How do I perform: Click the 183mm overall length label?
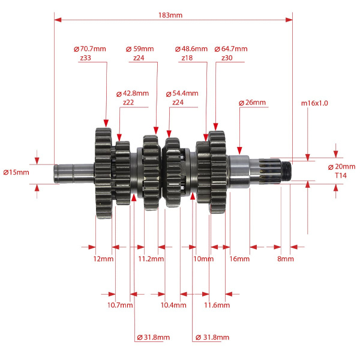pyautogui.click(x=170, y=15)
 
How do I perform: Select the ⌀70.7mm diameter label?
pyautogui.click(x=90, y=49)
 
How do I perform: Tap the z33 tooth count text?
pyautogui.click(x=86, y=58)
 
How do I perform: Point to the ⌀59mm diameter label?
pyautogui.click(x=140, y=49)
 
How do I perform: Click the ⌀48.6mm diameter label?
pyautogui.click(x=191, y=49)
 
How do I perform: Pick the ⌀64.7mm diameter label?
pyautogui.click(x=231, y=49)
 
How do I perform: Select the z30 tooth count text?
pyautogui.click(x=227, y=58)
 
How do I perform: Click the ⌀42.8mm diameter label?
pyautogui.click(x=133, y=94)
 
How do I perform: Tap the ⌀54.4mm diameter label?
pyautogui.click(x=182, y=94)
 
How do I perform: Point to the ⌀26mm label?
pyautogui.click(x=252, y=103)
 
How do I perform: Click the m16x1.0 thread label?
pyautogui.click(x=314, y=103)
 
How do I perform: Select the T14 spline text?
pyautogui.click(x=341, y=176)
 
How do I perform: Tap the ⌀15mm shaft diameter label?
pyautogui.click(x=16, y=172)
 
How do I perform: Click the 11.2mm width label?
pyautogui.click(x=151, y=259)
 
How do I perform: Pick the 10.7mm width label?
pyautogui.click(x=120, y=305)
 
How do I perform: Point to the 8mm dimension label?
pyautogui.click(x=286, y=259)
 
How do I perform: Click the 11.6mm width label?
pyautogui.click(x=217, y=305)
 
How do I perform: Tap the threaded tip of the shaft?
pyautogui.click(x=286, y=171)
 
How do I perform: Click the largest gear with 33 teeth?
pyautogui.click(x=103, y=173)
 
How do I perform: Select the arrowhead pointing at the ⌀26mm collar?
pyautogui.click(x=239, y=151)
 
